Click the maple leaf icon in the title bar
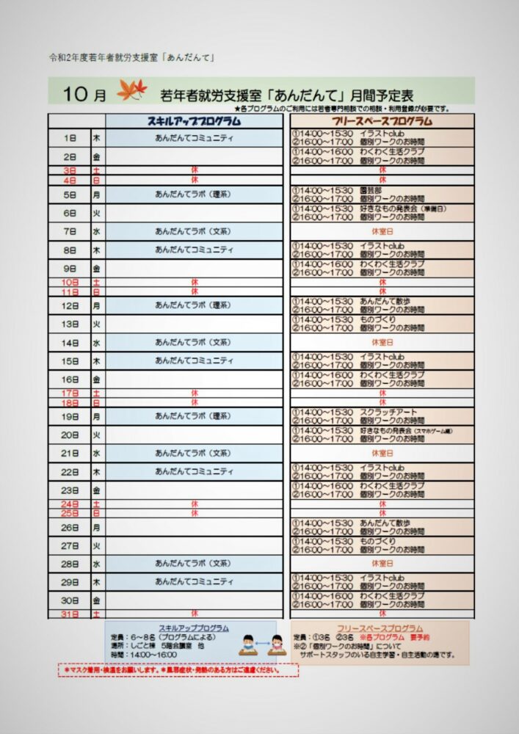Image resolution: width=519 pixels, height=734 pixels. [132, 91]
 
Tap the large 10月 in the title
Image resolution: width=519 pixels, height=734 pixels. [84, 94]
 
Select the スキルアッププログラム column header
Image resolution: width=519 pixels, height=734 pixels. [194, 120]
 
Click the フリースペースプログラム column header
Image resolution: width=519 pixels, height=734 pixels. [382, 120]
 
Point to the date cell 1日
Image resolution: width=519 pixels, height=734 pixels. [70, 138]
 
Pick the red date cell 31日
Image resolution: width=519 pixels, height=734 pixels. [70, 614]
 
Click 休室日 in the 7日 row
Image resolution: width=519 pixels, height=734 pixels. [382, 231]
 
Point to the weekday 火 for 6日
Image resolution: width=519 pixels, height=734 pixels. [96, 213]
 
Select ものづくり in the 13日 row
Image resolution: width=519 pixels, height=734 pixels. [377, 319]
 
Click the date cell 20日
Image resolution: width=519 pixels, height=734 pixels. [70, 435]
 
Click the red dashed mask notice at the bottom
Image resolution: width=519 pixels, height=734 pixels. [178, 670]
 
